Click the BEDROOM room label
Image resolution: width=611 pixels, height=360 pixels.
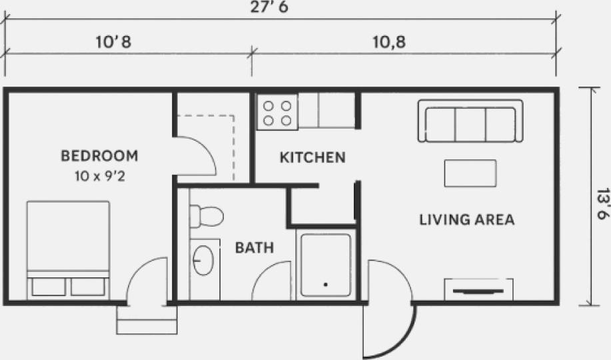99,156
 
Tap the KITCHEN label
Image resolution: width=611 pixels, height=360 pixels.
312,157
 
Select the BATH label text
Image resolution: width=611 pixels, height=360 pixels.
255,248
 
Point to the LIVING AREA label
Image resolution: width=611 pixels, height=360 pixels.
467,219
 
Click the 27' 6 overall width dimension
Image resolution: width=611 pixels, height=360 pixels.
269,7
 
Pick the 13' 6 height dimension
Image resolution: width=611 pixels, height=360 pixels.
602,204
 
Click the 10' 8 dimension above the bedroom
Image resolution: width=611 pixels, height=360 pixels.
113,42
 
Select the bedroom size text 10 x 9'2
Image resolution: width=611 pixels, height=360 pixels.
100,176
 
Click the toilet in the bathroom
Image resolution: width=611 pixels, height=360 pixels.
207,216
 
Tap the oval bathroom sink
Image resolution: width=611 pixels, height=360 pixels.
203,260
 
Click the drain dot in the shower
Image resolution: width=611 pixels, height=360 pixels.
325,285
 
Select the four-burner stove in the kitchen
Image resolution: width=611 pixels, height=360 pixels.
277,112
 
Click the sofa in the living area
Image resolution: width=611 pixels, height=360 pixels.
470,121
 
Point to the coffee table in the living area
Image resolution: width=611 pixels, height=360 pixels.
470,173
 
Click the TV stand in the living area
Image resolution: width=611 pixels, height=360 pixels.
478,289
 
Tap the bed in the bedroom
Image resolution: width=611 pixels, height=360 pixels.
68,250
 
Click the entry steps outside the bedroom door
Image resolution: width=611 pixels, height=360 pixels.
147,320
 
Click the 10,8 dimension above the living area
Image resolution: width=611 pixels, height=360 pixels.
389,42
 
